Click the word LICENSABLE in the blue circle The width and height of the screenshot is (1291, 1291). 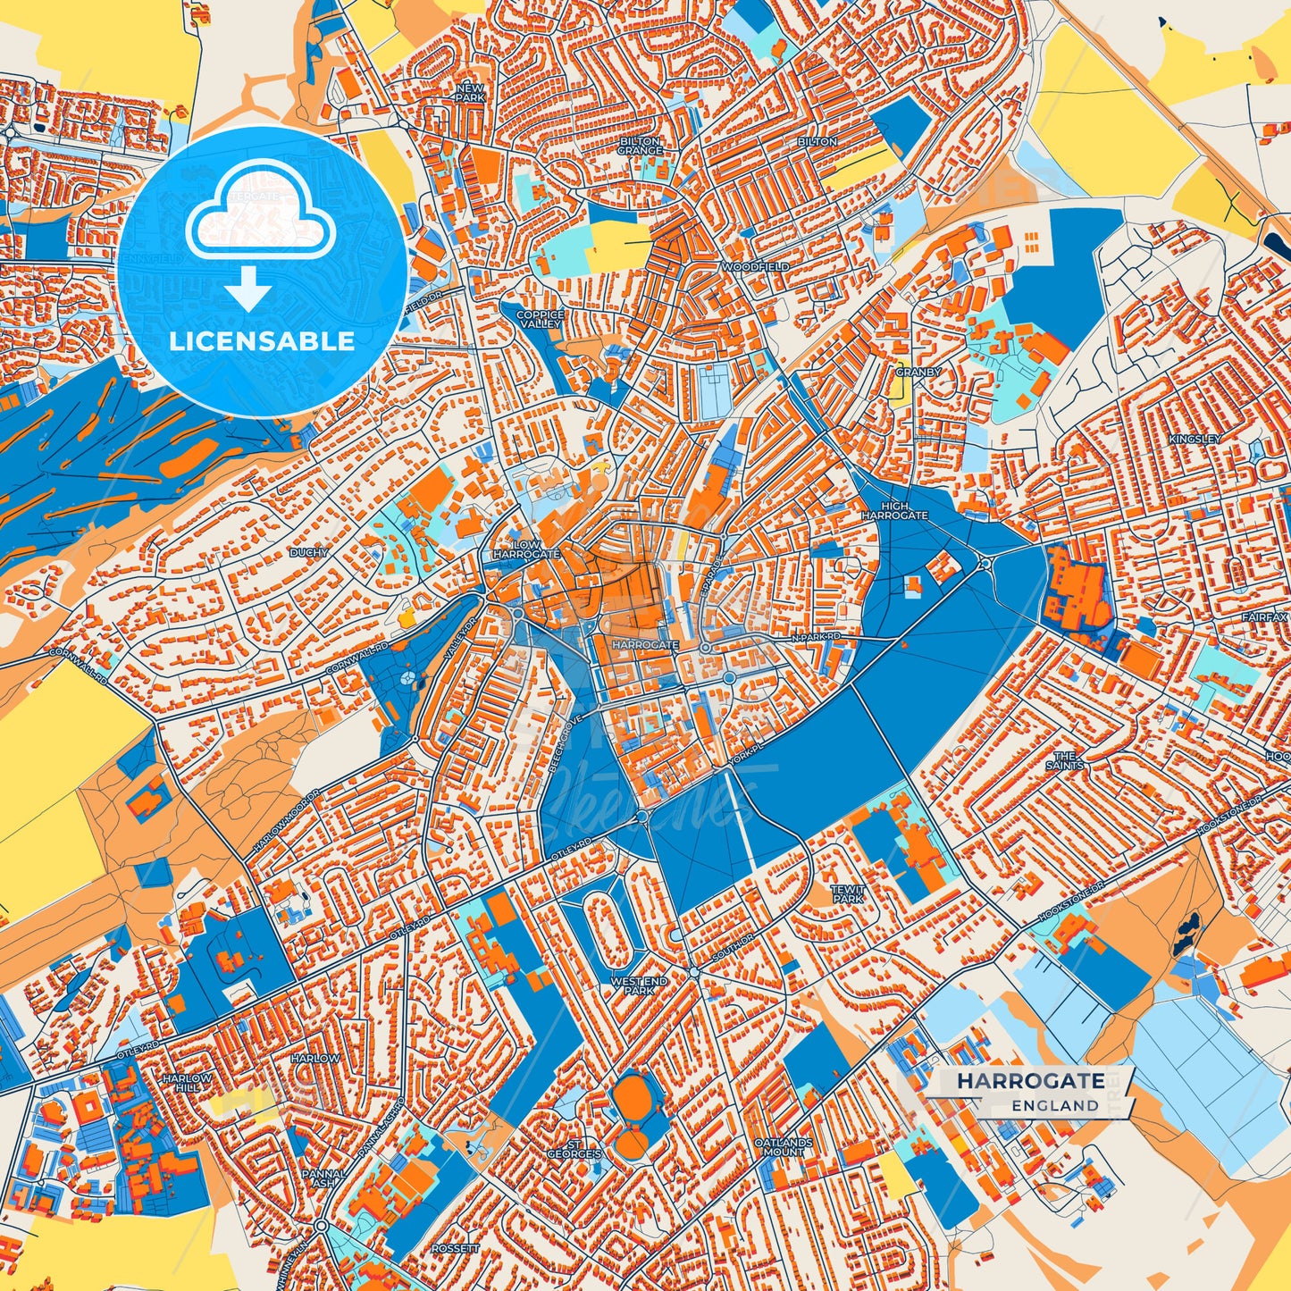pos(262,341)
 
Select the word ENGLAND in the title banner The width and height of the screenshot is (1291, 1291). pos(1055,1105)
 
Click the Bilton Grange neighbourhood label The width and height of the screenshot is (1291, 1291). pos(641,147)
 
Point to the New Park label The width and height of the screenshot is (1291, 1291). pos(469,92)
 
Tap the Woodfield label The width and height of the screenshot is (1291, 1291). pos(756,267)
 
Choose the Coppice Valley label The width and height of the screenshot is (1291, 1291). pos(541,319)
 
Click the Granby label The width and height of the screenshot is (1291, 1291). pos(918,372)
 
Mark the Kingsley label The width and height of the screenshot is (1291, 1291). pos(1195,440)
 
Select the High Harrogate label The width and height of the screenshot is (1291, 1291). pos(894,511)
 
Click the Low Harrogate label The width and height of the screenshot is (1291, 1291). pos(526,549)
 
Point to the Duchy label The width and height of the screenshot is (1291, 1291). pos(308,553)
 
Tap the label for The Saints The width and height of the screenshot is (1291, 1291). pos(1064,760)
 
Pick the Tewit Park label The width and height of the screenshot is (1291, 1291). pos(848,894)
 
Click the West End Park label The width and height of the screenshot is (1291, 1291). pos(639,985)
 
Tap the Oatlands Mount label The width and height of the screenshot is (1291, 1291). pos(784,1147)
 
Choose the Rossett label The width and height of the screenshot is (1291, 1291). pos(455,1248)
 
